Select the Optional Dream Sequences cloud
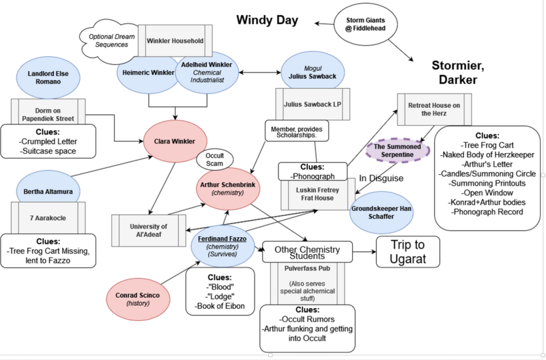click(x=109, y=40)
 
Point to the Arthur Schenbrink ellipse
click(x=227, y=189)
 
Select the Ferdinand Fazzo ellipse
click(x=222, y=245)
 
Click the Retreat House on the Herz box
click(x=435, y=109)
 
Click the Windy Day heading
click(x=267, y=20)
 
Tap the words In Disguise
click(x=382, y=178)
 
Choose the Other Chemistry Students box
click(x=307, y=251)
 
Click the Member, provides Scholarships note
click(x=297, y=130)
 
